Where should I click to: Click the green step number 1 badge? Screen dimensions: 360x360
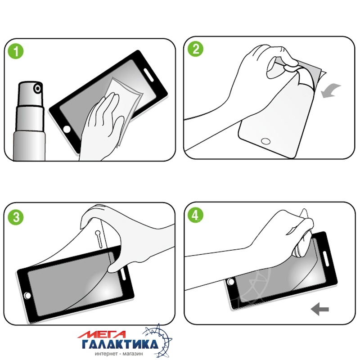tap(16, 51)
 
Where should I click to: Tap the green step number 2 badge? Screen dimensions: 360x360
tap(195, 49)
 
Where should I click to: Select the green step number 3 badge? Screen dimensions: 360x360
tap(16, 217)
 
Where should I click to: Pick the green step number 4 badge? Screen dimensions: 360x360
tap(195, 215)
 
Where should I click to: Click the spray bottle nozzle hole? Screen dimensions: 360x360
tap(38, 89)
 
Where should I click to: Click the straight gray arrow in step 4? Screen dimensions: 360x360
tap(320, 309)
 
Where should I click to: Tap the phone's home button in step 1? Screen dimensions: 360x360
tap(67, 129)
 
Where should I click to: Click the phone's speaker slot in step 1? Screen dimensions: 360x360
tap(148, 75)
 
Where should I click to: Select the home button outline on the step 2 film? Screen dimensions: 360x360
tap(266, 141)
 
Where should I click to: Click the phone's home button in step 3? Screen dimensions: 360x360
tap(27, 296)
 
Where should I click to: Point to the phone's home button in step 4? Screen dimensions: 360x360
tap(231, 282)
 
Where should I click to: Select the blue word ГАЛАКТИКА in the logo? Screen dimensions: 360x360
tap(120, 344)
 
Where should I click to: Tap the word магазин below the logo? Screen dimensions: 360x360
tap(132, 354)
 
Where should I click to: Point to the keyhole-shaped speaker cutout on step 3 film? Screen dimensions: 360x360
tap(99, 239)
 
